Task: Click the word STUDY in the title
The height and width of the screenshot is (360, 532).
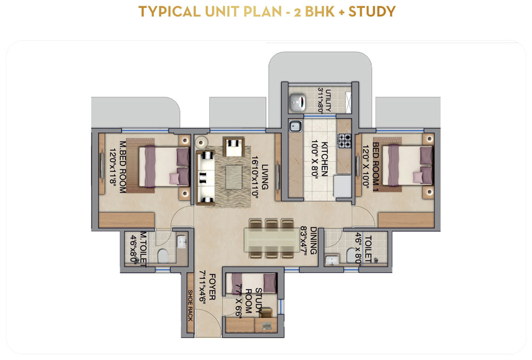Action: tap(372, 12)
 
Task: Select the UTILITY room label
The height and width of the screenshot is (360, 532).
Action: tap(328, 101)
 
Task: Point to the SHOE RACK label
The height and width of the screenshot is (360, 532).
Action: tap(190, 305)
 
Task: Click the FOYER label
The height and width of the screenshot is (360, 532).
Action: tap(212, 287)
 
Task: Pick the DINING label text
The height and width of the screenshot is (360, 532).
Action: tap(313, 240)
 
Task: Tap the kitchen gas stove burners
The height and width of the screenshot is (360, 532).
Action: tap(344, 141)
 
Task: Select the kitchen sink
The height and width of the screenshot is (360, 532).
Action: tap(295, 127)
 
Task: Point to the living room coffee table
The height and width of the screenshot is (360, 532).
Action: tap(234, 177)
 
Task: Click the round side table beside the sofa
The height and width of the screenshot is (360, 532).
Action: tap(201, 143)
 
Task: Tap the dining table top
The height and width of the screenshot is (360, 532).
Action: tap(271, 239)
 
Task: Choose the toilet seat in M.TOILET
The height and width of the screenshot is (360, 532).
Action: tap(163, 256)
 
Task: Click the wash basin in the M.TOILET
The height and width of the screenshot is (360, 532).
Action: tap(182, 242)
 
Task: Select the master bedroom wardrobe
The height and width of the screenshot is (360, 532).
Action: tap(127, 220)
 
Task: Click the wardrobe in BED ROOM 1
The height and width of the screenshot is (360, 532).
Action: tap(406, 220)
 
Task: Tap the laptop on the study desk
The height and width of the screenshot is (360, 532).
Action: tap(267, 326)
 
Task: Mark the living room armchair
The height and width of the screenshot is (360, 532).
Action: tap(234, 147)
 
